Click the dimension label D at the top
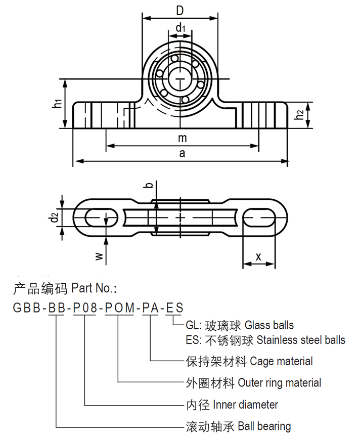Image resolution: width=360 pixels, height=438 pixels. click(x=179, y=10)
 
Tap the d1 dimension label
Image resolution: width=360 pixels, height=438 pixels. click(x=181, y=28)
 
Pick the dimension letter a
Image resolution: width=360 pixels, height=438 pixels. click(x=182, y=154)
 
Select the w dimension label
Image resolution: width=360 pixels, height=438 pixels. click(x=100, y=256)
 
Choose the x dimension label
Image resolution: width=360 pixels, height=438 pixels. click(x=259, y=256)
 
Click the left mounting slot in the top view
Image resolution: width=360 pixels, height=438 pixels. click(x=99, y=217)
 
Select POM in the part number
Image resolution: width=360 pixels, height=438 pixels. click(x=119, y=308)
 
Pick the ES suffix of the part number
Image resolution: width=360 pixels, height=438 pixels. click(x=174, y=308)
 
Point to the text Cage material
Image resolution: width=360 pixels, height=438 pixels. click(x=282, y=361)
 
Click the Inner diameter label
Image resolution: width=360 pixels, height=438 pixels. click(x=246, y=405)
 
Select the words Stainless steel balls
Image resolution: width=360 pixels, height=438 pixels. click(x=301, y=339)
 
